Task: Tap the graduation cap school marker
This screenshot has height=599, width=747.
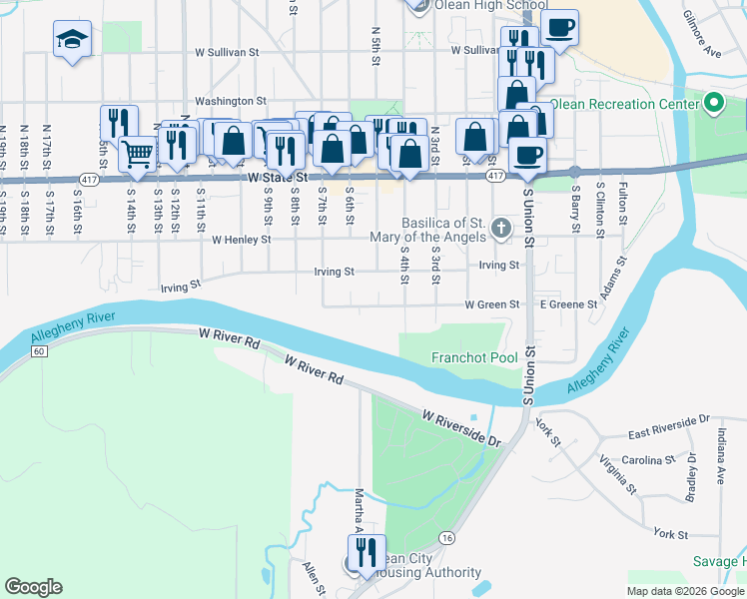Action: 72,40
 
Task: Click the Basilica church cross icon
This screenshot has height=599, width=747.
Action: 501,231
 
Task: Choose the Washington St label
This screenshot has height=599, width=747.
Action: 231,101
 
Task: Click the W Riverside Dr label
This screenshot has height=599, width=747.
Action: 459,426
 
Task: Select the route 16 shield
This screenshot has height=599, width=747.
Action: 446,537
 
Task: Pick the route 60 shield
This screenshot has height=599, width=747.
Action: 39,351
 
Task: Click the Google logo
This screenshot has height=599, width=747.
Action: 33,587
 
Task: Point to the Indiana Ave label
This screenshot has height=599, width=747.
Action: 720,456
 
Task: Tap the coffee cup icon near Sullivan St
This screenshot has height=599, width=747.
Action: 559,27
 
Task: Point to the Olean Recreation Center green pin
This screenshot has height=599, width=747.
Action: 713,102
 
